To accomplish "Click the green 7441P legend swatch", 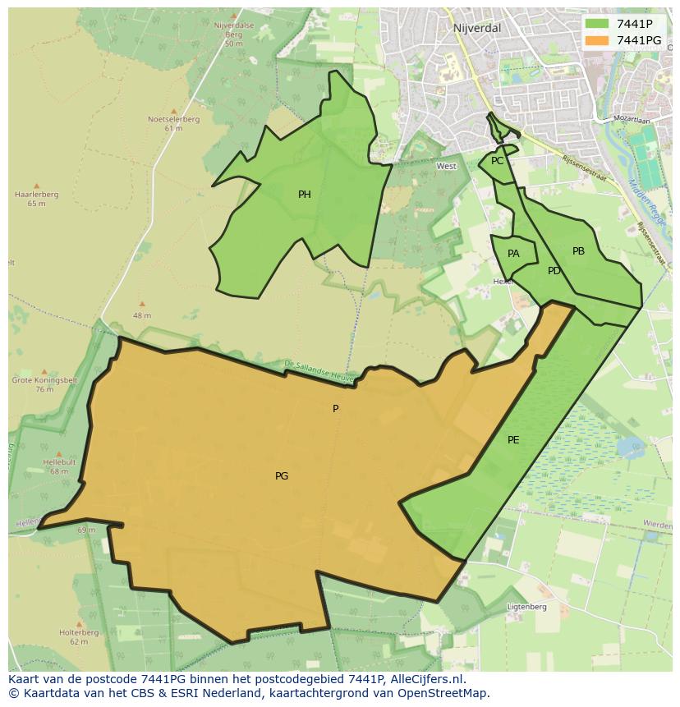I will click(x=597, y=24).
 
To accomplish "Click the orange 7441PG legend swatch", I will click(x=597, y=40).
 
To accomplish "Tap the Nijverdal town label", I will click(x=476, y=28).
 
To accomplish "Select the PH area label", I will click(x=305, y=195).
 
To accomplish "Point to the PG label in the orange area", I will click(x=282, y=476).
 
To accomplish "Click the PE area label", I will click(x=513, y=440).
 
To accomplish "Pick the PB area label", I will click(x=578, y=251).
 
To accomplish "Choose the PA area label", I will click(x=513, y=254).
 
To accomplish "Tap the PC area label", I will click(x=497, y=161).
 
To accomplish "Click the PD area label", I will click(x=554, y=271).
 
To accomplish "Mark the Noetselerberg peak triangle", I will click(x=173, y=111).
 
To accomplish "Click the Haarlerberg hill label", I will click(x=36, y=195).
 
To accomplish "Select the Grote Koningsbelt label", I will click(x=33, y=380).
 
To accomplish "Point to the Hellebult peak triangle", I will click(x=58, y=453).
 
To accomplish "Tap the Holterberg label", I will click(x=79, y=633).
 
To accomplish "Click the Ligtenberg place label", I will click(x=526, y=607).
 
